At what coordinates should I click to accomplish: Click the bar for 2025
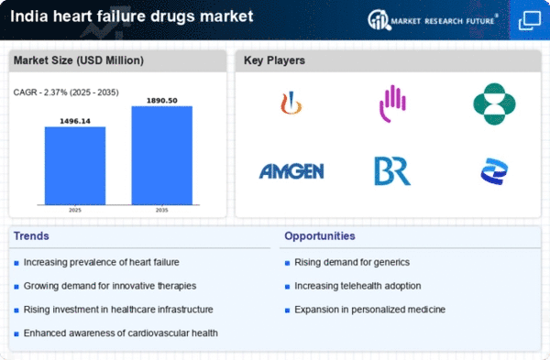(75, 166)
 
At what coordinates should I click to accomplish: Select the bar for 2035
(162, 156)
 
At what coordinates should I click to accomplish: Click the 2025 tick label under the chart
(75, 211)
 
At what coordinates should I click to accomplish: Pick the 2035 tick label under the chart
(162, 211)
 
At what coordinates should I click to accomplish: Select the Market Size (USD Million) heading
(77, 60)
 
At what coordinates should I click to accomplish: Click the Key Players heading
(275, 60)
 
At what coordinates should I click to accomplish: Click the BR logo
(391, 170)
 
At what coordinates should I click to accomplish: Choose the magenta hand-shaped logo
(392, 104)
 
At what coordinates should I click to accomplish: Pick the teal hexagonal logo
(494, 104)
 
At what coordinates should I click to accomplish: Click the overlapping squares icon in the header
(529, 19)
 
